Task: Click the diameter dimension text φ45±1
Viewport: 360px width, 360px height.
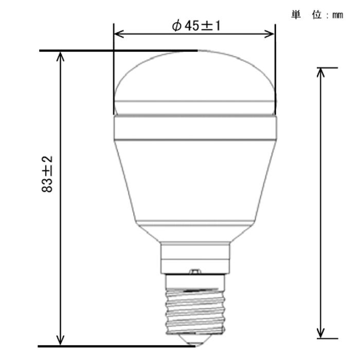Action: click(x=196, y=26)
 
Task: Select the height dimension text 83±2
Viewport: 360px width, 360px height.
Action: click(x=47, y=175)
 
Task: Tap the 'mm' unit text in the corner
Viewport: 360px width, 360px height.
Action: click(x=337, y=15)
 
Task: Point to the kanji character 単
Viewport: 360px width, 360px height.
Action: click(x=296, y=15)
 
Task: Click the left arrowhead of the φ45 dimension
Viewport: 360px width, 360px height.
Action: click(x=117, y=34)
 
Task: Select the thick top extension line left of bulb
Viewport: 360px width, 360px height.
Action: click(x=118, y=51)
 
